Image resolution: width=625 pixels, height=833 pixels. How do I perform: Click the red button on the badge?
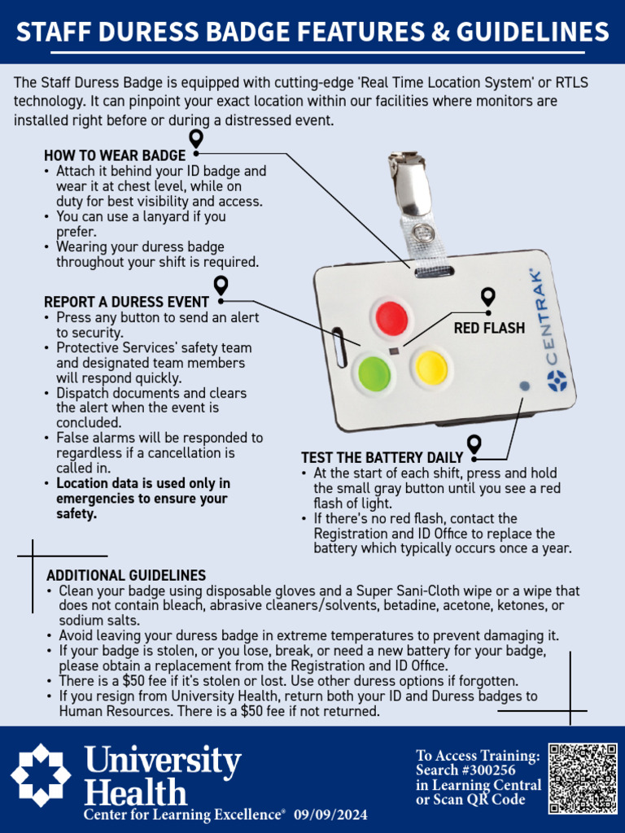point(391,316)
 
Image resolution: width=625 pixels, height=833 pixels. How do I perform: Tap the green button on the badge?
point(374,372)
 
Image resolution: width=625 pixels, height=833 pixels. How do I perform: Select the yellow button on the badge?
point(431,368)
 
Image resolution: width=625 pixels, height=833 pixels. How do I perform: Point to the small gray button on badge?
point(524,386)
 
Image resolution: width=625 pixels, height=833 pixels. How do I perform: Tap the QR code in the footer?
point(582,778)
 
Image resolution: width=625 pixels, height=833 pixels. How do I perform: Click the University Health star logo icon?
point(41,775)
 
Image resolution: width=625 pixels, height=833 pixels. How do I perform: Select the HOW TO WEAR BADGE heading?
point(115,155)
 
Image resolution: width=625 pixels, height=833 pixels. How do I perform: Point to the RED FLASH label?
point(489,329)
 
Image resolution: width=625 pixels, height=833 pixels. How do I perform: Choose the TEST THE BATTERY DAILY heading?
point(382,458)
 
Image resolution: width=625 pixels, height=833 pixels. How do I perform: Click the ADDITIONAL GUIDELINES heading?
point(126,575)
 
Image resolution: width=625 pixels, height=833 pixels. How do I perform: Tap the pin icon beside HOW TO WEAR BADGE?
point(195,139)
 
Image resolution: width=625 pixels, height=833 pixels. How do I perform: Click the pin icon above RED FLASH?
point(487,297)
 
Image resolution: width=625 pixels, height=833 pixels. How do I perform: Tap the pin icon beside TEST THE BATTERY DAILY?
point(474,444)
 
